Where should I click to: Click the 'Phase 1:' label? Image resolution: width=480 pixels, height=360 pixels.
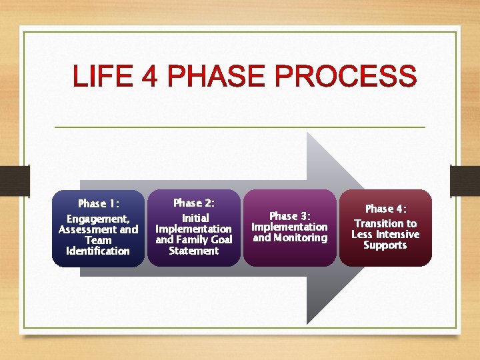click(x=98, y=203)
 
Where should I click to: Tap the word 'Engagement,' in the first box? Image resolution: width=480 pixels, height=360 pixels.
click(x=98, y=219)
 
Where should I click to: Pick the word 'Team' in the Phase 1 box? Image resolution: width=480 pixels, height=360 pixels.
click(x=98, y=240)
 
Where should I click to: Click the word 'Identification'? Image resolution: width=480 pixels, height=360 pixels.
click(x=98, y=251)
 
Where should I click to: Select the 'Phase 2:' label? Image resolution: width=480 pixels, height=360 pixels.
click(x=193, y=203)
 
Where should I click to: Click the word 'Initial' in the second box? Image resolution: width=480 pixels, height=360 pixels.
click(x=195, y=218)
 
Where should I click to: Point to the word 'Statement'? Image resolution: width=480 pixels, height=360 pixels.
click(x=193, y=251)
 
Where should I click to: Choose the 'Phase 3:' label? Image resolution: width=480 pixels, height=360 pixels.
click(x=290, y=216)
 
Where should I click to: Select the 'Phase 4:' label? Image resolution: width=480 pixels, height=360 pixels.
click(x=385, y=209)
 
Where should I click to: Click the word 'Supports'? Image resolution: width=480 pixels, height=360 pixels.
click(x=385, y=245)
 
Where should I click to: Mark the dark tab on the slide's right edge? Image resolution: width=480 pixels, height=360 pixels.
click(x=465, y=181)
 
